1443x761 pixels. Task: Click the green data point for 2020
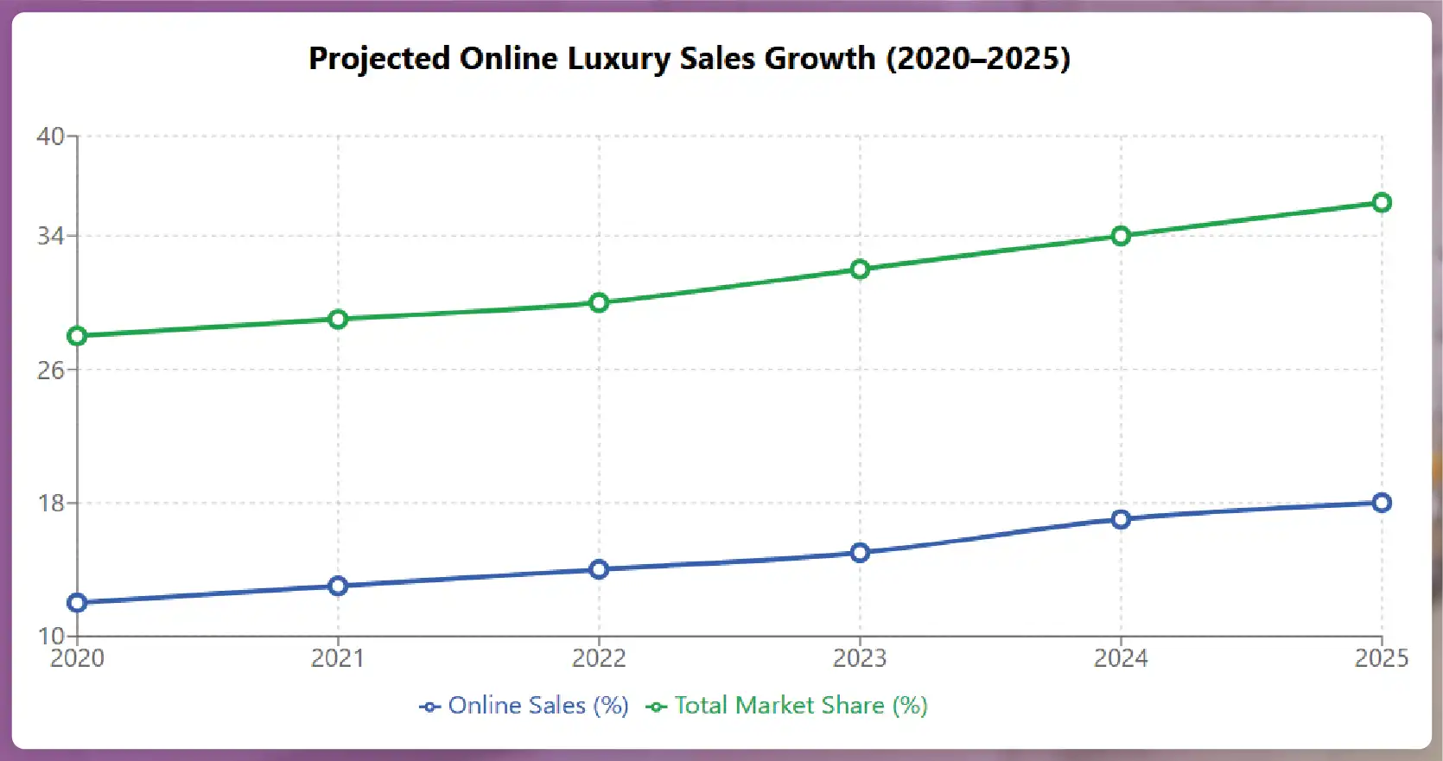(77, 336)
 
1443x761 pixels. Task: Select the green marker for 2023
(860, 270)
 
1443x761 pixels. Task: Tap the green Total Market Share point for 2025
(1382, 203)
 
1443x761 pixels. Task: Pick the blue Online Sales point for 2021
(338, 587)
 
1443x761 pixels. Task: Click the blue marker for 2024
(1121, 519)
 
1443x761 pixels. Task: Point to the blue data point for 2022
(599, 569)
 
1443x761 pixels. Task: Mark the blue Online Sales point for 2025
(1382, 503)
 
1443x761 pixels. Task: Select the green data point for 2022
(599, 302)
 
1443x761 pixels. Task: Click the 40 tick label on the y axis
(50, 136)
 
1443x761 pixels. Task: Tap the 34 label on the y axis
(50, 236)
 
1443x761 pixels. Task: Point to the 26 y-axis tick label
(50, 371)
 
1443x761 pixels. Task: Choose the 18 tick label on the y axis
(50, 504)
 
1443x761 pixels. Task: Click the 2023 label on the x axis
(860, 659)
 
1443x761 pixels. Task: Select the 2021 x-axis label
(338, 659)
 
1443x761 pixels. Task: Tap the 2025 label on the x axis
(1381, 659)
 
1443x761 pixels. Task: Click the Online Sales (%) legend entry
(524, 706)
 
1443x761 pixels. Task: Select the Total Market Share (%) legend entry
(788, 706)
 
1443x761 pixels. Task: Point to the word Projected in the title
(379, 59)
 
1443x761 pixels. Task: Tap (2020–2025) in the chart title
(978, 59)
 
